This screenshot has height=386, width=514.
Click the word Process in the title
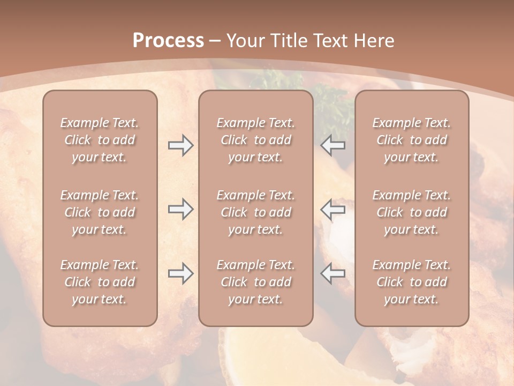(168, 41)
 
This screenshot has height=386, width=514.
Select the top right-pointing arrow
(180, 145)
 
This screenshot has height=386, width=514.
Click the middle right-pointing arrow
(180, 209)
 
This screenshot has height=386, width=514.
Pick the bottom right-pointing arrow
(180, 273)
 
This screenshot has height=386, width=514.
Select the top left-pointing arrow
(333, 145)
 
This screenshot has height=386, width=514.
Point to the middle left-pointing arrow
(333, 209)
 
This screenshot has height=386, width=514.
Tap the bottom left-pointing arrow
(333, 273)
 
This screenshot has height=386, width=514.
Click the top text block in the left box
(100, 140)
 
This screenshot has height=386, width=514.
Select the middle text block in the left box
(100, 212)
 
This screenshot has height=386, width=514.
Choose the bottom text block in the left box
(100, 282)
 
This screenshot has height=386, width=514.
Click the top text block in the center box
(255, 140)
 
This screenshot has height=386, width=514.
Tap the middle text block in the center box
(255, 212)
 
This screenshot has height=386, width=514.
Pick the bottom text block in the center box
(255, 282)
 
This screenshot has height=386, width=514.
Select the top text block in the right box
(411, 140)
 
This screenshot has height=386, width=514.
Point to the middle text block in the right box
(411, 212)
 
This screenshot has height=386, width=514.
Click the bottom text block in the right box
(411, 282)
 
